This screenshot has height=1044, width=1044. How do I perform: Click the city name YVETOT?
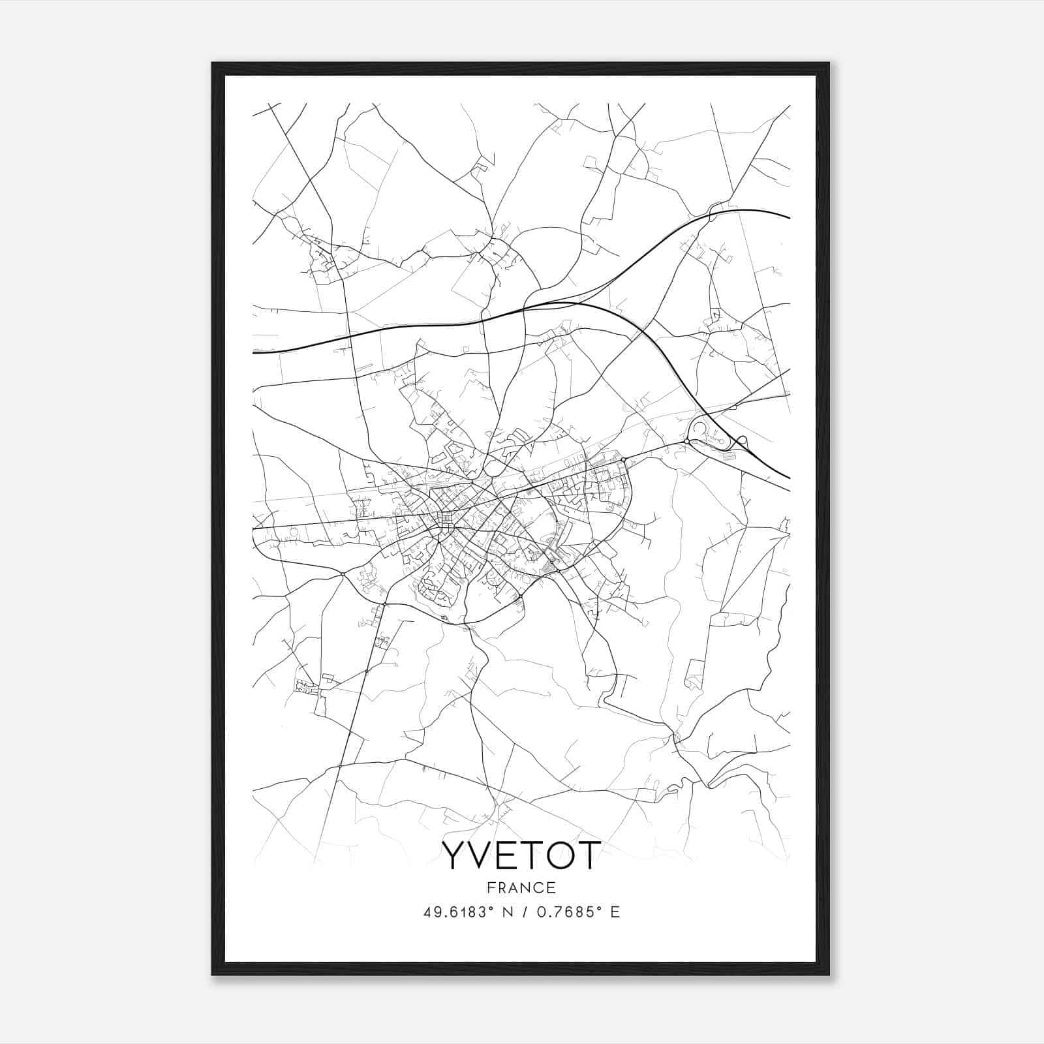click(521, 855)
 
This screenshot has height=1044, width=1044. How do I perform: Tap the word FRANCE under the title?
click(521, 887)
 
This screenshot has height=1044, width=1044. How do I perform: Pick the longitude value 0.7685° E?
click(574, 912)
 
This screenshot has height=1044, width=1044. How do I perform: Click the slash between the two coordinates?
click(525, 912)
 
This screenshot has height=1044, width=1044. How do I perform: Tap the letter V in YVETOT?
click(481, 855)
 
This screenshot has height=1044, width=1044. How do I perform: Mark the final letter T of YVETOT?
click(587, 855)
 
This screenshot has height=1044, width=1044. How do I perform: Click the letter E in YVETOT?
click(507, 855)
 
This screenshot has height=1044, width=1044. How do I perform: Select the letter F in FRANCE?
click(490, 887)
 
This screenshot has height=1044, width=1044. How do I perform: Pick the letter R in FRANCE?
click(501, 887)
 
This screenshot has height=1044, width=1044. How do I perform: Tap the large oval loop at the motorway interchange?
click(701, 430)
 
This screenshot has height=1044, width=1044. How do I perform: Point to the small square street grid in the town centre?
click(447, 520)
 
